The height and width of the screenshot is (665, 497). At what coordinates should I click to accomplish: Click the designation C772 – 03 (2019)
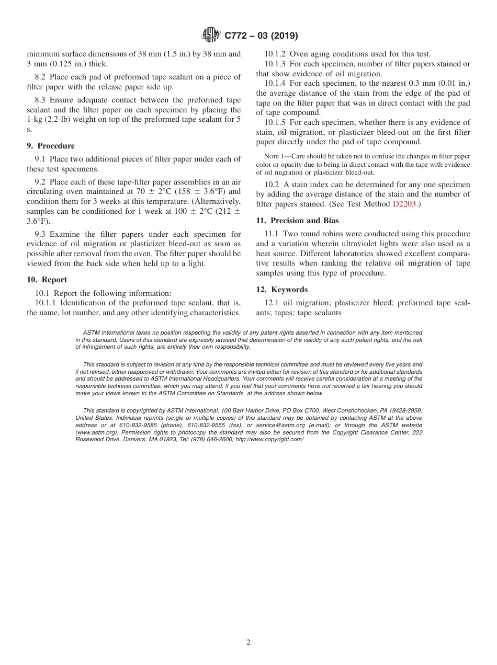point(261,36)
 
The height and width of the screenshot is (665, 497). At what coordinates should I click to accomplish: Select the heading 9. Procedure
point(51,146)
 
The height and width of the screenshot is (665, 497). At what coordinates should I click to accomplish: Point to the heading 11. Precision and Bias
point(297,221)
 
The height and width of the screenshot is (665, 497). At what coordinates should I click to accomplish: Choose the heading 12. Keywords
point(281,290)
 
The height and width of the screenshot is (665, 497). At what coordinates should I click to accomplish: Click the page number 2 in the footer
point(249,643)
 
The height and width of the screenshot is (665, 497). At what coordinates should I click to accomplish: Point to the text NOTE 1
point(276,156)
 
